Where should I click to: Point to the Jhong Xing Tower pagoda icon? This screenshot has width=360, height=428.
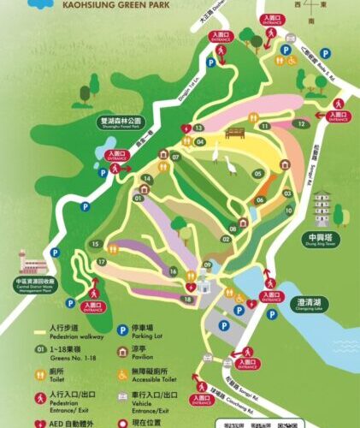[x=322, y=207]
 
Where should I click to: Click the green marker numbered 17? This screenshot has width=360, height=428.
[x=101, y=261]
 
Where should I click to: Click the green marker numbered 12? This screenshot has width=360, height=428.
[x=301, y=124]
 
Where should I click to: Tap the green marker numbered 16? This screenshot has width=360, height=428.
[x=174, y=272]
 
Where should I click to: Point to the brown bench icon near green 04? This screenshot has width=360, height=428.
[x=235, y=133]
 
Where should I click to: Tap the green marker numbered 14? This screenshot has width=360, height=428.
[x=147, y=178]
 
